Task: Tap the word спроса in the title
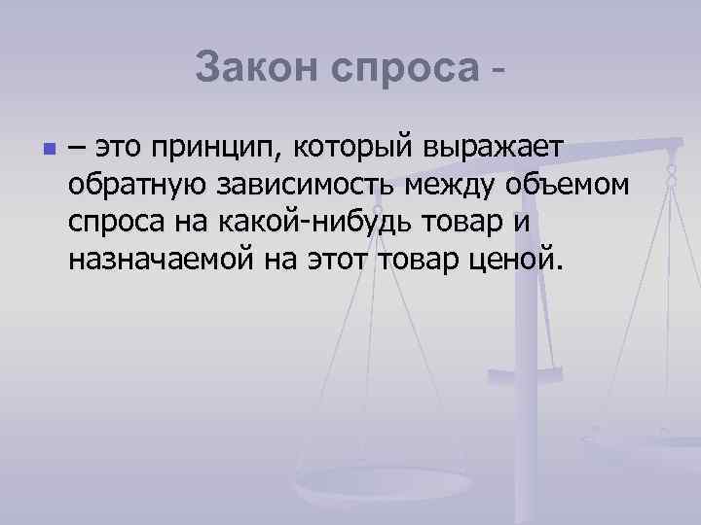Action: (405, 68)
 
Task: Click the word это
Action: (116, 148)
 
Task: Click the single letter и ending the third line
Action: (521, 222)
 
